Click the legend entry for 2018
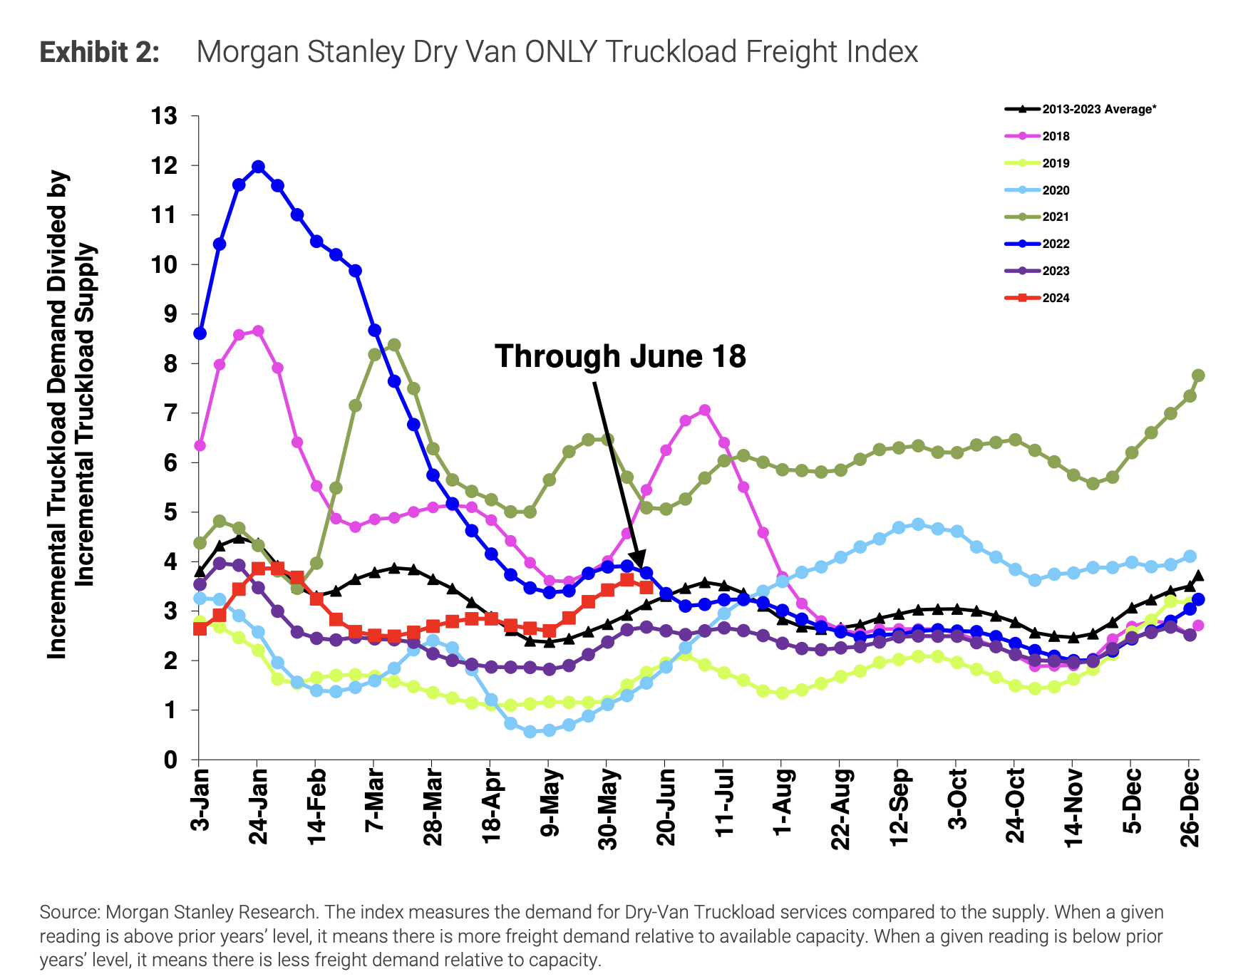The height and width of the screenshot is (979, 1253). pos(1055,136)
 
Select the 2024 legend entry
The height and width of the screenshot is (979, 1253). pos(1055,298)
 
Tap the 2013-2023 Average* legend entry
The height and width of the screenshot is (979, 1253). pos(1098,109)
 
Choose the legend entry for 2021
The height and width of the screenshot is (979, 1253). pos(1055,217)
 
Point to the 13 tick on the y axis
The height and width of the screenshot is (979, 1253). pos(163,115)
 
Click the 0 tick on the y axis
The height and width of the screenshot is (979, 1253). pos(170,760)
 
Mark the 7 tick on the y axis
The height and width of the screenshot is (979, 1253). pos(170,413)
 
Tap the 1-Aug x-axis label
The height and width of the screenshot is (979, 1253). pos(783,802)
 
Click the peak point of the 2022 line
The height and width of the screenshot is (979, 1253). pos(258,167)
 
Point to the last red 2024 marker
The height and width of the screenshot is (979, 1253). pos(646,587)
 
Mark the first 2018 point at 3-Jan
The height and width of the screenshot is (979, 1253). pos(200,445)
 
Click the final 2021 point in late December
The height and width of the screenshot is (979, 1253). pos(1198,375)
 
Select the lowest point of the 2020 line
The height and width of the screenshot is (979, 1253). pos(530,732)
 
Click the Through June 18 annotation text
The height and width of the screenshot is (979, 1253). pos(620,356)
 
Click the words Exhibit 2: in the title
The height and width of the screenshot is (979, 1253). pos(100,52)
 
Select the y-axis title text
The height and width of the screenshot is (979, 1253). pos(71,413)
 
